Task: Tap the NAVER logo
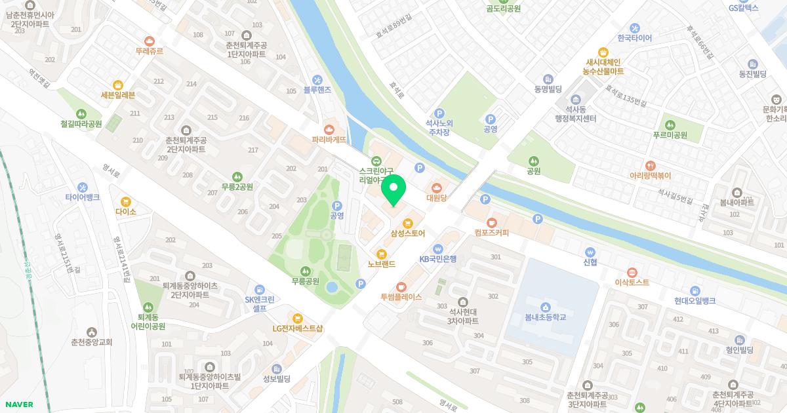pos(18,404)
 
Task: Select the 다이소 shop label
pos(125,212)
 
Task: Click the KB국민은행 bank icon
pos(437,248)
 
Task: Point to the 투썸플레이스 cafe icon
pos(401,286)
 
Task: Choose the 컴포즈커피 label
pos(491,233)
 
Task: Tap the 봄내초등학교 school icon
pos(545,307)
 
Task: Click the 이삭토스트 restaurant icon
pos(632,272)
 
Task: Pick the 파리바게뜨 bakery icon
pos(329,129)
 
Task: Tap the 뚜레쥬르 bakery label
pos(149,50)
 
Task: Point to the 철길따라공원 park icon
pos(81,113)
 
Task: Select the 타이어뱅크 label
pos(83,197)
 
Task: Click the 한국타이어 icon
pos(634,28)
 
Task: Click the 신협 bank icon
pos(590,252)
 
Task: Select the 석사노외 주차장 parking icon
pos(440,113)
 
